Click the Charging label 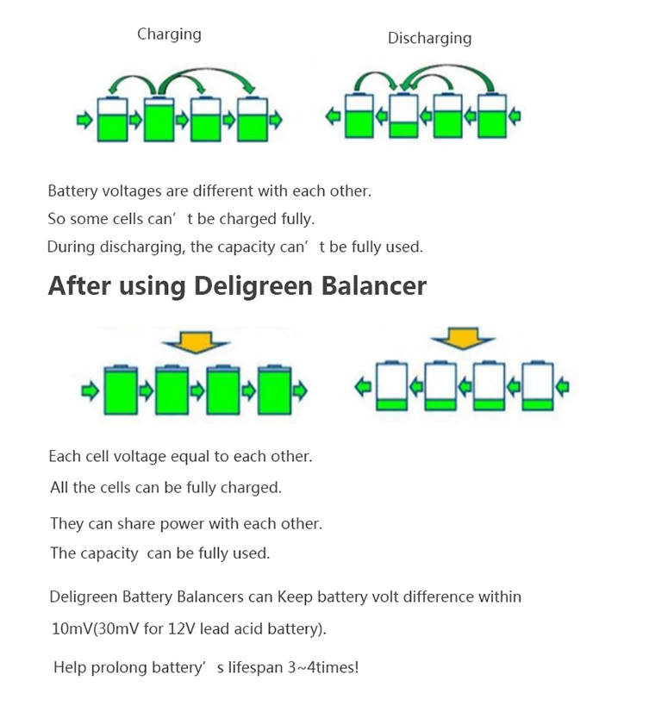click(169, 34)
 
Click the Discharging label click(429, 38)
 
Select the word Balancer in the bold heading click(374, 286)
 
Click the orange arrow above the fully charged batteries click(195, 342)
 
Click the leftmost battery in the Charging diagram click(111, 119)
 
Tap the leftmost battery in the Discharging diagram click(358, 116)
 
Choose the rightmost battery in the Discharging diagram click(491, 116)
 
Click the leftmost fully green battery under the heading click(121, 390)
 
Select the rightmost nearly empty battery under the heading click(540, 386)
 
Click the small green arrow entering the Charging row click(84, 120)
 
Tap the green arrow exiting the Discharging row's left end click(333, 116)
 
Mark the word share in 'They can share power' click(134, 524)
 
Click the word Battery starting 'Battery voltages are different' click(72, 191)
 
